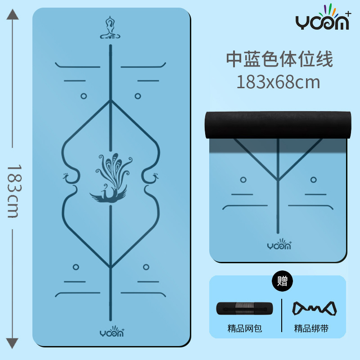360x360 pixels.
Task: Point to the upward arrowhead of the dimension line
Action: coord(13,16)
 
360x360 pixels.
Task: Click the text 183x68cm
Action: coord(279,82)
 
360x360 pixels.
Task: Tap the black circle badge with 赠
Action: coord(283,282)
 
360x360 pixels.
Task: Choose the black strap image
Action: coord(315,308)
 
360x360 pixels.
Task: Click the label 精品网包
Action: coord(244,329)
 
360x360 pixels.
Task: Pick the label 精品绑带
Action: coord(311,329)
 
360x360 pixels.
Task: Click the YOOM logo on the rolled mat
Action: coord(279,245)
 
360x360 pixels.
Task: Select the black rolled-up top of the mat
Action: coord(277,124)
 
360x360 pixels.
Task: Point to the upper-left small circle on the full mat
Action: coord(83,96)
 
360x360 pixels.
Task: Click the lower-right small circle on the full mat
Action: coord(146,267)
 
